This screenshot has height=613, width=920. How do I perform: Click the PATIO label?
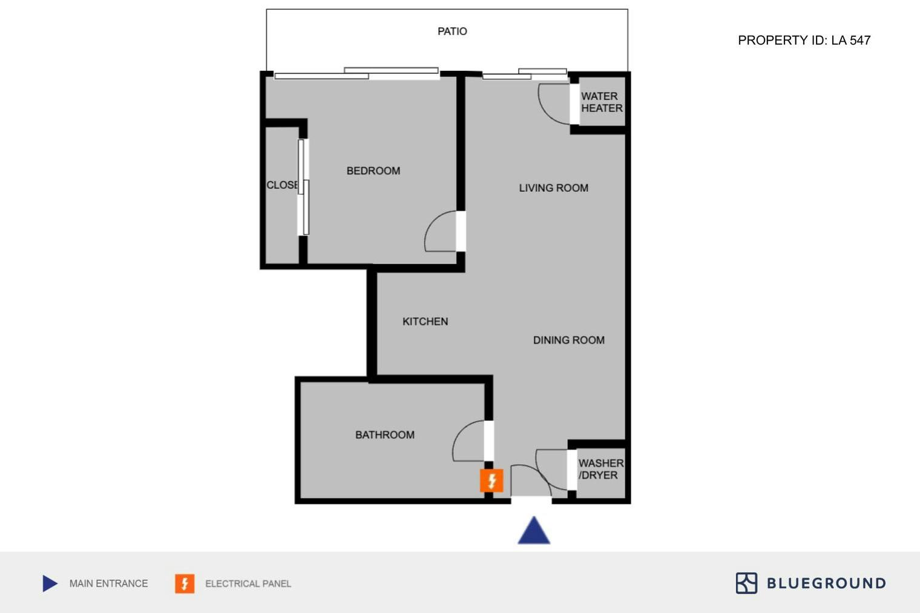click(452, 31)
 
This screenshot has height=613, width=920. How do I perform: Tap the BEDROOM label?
click(373, 171)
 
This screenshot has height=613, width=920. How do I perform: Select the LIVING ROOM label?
click(554, 188)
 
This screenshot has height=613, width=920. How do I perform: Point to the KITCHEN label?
click(425, 321)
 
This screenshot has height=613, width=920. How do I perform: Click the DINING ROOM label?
click(569, 340)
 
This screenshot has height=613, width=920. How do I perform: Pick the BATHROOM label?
click(385, 435)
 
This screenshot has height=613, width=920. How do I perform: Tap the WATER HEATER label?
click(602, 102)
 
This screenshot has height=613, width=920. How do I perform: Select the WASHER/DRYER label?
click(601, 469)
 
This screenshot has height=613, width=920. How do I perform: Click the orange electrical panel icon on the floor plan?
click(491, 480)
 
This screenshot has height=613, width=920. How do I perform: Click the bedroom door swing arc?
click(431, 224)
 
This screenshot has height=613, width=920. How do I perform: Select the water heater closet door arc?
click(544, 110)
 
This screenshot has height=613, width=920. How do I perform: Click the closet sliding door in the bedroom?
click(303, 187)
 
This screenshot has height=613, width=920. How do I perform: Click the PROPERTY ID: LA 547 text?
click(804, 40)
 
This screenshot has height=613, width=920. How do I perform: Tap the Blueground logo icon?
click(746, 583)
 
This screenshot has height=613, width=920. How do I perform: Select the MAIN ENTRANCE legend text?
click(108, 583)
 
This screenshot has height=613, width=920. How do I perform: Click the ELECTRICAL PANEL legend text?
click(248, 584)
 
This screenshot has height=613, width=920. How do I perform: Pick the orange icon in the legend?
click(185, 583)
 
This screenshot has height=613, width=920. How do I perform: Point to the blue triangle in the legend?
click(49, 583)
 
